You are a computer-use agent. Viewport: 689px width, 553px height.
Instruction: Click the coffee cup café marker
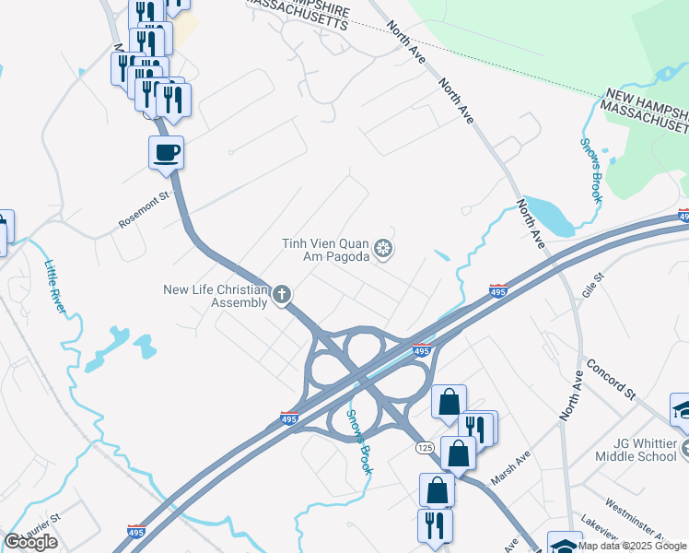(166, 152)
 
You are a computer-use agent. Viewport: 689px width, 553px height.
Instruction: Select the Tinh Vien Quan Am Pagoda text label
(328, 250)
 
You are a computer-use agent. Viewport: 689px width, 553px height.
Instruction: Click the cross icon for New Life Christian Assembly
(282, 295)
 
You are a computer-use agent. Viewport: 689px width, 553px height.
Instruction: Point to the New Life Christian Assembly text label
(216, 296)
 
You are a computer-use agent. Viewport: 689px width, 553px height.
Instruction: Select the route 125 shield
(425, 447)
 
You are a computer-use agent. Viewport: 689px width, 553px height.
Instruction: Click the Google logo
(30, 542)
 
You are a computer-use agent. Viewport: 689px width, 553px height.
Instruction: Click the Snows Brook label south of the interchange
(358, 441)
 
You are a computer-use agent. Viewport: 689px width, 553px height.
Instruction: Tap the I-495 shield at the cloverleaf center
(422, 350)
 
